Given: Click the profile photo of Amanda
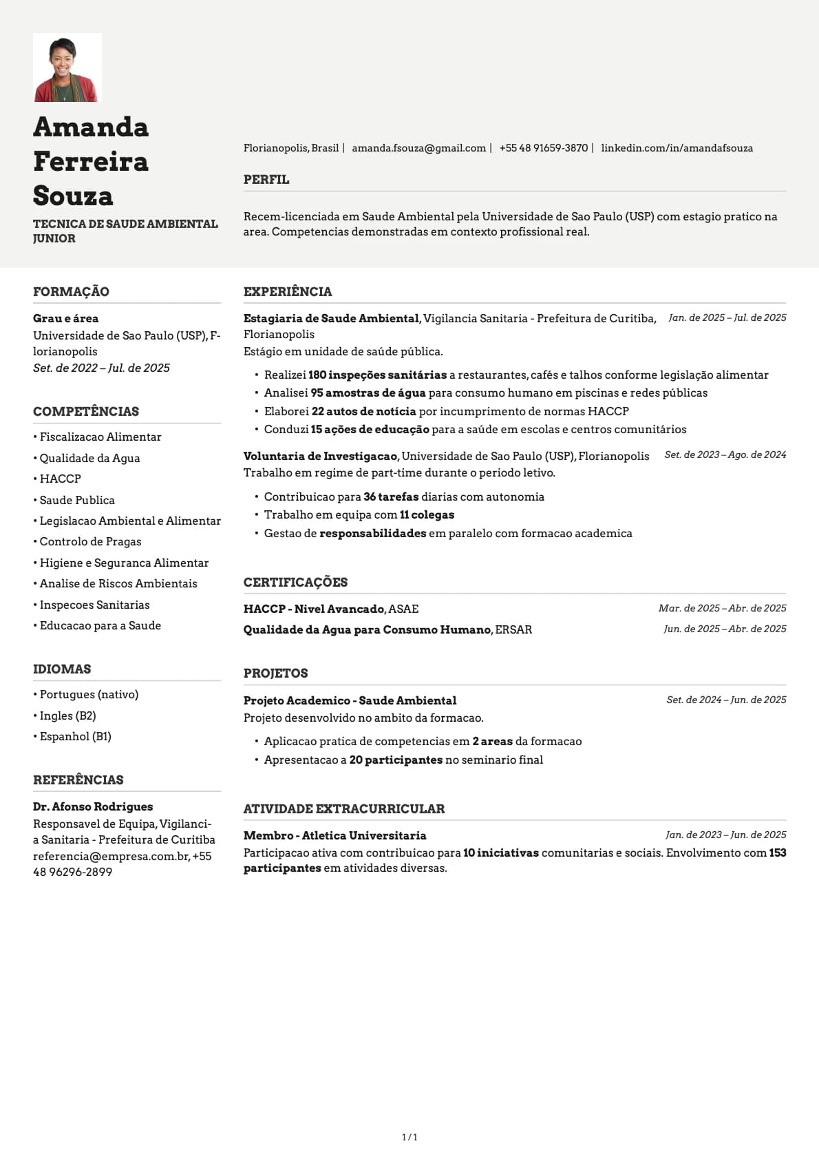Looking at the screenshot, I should click(67, 67).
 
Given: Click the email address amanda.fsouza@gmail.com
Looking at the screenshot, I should click(418, 148).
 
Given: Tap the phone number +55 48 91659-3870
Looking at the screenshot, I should click(544, 148).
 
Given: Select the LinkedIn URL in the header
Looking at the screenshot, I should click(677, 148).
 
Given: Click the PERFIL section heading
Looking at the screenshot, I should click(266, 180).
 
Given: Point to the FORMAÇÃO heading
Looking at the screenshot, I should click(71, 291).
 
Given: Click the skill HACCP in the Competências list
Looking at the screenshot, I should click(60, 479).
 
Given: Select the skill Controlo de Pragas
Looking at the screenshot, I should click(90, 541).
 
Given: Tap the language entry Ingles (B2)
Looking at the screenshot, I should click(67, 716).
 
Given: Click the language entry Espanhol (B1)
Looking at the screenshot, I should click(75, 736).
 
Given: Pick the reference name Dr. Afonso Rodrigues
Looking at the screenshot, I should click(93, 806).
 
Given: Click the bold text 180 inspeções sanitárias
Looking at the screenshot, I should click(377, 375).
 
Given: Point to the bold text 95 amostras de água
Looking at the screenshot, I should click(368, 393).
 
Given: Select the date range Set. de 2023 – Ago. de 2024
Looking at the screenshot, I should click(725, 455).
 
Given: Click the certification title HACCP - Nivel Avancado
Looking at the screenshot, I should click(314, 609).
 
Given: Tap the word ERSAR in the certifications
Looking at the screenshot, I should click(513, 629).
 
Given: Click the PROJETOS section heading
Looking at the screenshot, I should click(275, 674).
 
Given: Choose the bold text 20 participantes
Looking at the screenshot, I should click(396, 760).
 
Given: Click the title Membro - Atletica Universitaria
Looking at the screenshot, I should click(334, 835).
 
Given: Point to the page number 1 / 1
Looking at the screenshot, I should click(409, 1137).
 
